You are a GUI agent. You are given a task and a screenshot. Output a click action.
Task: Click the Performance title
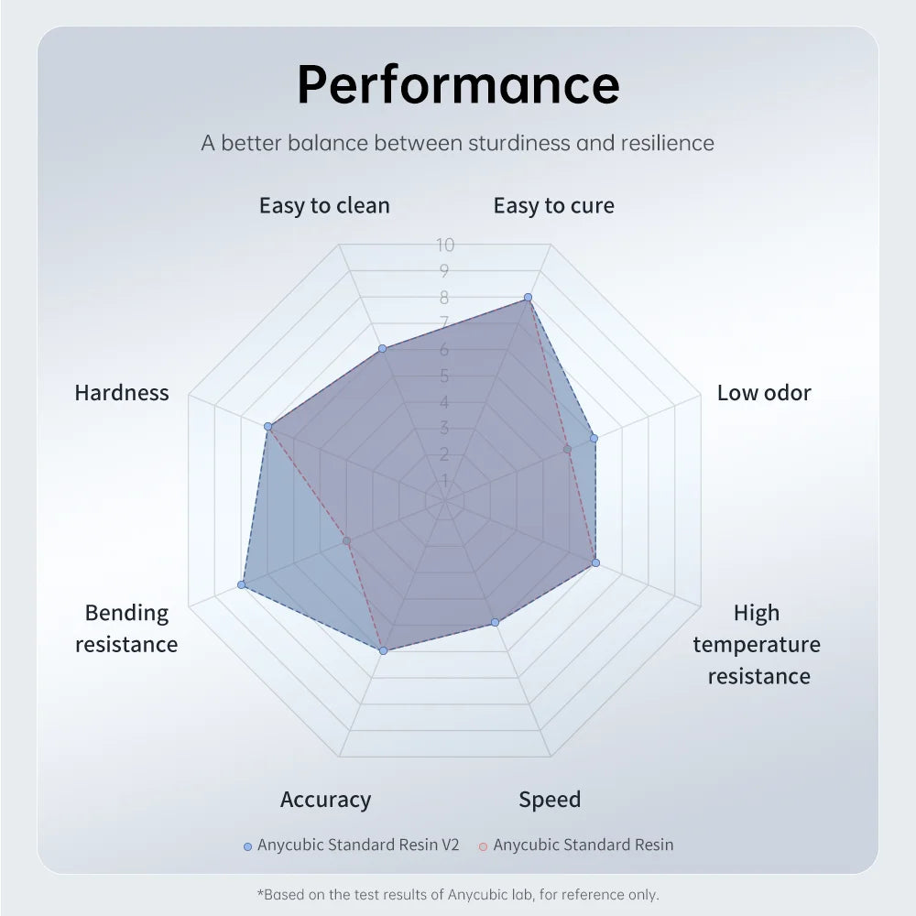point(458,84)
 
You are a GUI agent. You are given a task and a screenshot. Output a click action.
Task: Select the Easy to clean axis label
point(324,205)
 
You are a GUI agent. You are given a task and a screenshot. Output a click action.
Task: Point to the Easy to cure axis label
point(553,205)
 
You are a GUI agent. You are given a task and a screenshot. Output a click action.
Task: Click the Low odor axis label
point(764,393)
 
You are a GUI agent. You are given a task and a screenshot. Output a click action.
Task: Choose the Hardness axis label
point(122,393)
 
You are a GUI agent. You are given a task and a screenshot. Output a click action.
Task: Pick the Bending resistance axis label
point(126,628)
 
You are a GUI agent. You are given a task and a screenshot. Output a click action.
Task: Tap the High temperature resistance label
point(757,644)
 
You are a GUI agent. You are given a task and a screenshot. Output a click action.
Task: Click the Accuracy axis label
point(325,800)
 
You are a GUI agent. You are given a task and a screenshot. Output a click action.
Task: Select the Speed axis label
point(550,800)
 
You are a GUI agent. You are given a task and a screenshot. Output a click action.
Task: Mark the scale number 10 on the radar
point(445,245)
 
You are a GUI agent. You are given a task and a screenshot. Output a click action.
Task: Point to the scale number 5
point(444,376)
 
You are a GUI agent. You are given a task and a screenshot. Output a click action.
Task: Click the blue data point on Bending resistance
point(242,584)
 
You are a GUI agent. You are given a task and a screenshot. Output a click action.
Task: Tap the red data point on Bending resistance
point(346,541)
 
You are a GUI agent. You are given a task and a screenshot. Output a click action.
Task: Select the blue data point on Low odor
point(594,439)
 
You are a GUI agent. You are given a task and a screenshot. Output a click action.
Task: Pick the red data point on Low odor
point(567,449)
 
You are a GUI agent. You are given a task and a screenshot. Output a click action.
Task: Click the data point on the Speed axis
point(496,622)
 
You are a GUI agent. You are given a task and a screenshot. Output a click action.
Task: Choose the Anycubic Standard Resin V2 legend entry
point(357,845)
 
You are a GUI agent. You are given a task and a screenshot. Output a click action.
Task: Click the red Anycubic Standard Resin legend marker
point(483,845)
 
